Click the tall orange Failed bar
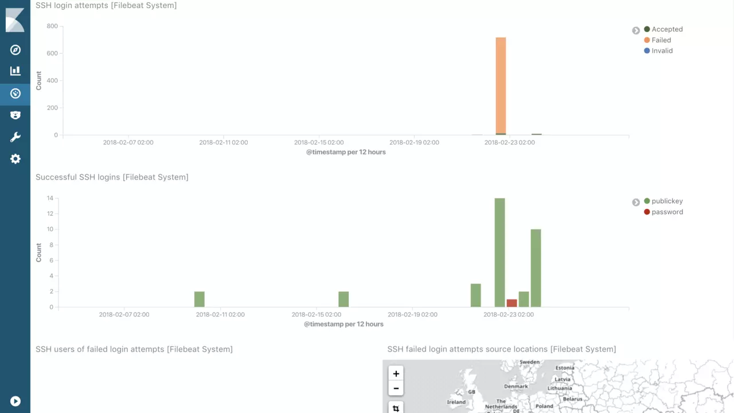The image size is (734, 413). click(501, 86)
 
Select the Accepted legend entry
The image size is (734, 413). click(667, 29)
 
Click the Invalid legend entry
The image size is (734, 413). click(662, 50)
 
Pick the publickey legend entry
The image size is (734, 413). click(667, 201)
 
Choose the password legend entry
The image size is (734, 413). click(667, 212)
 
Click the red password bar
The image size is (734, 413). click(512, 303)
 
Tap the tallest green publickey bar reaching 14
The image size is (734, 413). click(500, 252)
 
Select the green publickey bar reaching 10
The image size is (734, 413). click(536, 268)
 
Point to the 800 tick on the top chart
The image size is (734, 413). click(52, 26)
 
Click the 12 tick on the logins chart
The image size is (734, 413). click(50, 214)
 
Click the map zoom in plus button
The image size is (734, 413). click(396, 373)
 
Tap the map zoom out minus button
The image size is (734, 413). click(396, 388)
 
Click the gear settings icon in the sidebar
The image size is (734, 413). click(15, 159)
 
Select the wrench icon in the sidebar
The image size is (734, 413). click(15, 137)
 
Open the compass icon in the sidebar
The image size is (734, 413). click(15, 50)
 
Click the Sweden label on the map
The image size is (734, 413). click(529, 363)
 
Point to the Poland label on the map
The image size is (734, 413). click(544, 406)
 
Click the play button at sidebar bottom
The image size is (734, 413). click(15, 402)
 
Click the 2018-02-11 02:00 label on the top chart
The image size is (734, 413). click(224, 142)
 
